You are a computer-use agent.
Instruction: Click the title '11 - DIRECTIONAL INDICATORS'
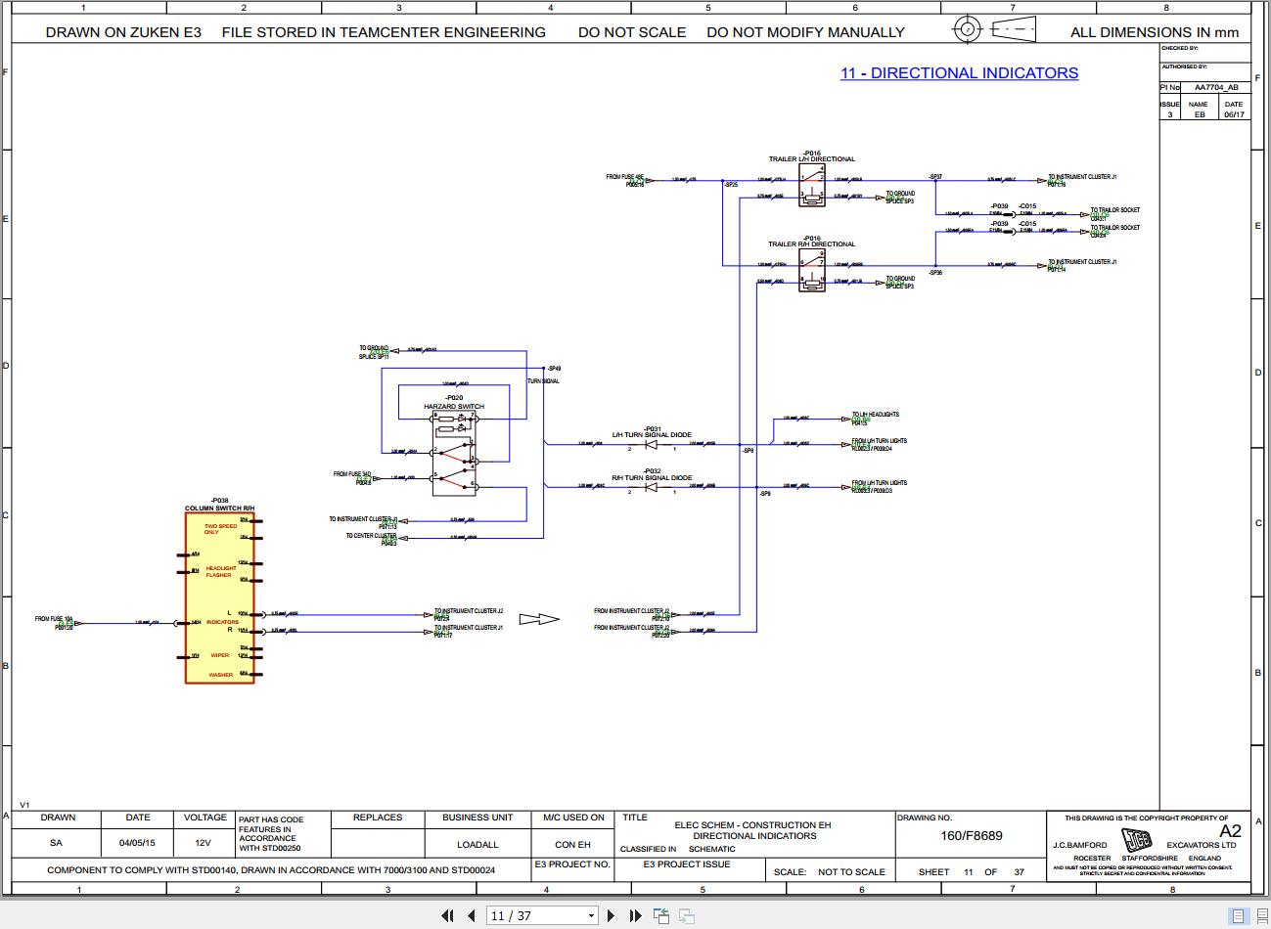coord(959,73)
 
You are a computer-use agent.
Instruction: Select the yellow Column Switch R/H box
coord(219,597)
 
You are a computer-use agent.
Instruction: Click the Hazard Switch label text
coord(453,407)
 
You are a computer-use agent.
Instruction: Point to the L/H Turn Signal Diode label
coord(652,435)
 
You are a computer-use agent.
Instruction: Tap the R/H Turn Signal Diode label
coord(652,478)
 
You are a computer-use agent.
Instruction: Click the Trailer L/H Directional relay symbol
coord(812,185)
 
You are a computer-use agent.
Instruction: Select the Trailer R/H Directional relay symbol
coord(812,270)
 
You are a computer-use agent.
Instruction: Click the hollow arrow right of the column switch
coord(539,619)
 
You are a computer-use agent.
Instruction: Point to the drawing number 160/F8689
coord(972,836)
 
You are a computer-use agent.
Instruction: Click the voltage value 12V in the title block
coord(203,843)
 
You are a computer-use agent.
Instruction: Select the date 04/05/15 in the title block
coord(137,843)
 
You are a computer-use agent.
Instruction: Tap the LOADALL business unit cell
coord(477,844)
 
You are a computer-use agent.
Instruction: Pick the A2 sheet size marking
coord(1229,831)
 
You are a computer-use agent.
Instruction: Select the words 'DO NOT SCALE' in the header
coord(632,32)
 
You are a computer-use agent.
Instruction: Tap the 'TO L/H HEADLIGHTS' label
coord(875,415)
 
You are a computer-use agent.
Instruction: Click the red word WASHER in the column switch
coord(221,675)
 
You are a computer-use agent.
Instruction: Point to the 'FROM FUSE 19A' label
coord(54,619)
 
